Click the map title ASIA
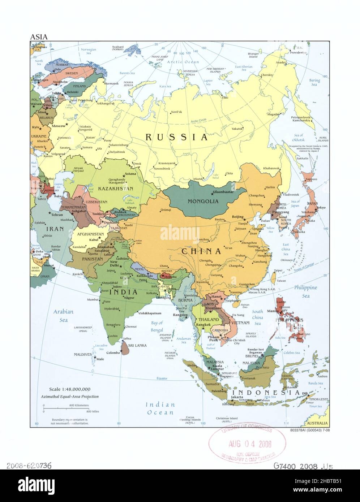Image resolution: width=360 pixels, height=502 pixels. pos(38,36)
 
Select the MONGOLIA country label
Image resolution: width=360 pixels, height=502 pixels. pos(203,201)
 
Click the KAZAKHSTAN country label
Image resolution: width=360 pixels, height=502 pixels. pos(118,189)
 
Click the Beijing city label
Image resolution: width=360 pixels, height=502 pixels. pos(237,216)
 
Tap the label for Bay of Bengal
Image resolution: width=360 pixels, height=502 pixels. pos(157,326)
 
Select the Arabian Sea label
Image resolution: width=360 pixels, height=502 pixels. pos(64,315)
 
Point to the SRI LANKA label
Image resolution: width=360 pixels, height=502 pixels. pos(137,345)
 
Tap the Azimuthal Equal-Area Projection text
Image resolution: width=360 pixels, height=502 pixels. pos(70,396)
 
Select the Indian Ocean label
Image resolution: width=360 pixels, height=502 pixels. pos(160,408)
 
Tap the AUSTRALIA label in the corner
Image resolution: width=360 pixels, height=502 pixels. pos(317,423)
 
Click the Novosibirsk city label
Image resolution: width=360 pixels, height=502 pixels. pos(165,168)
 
